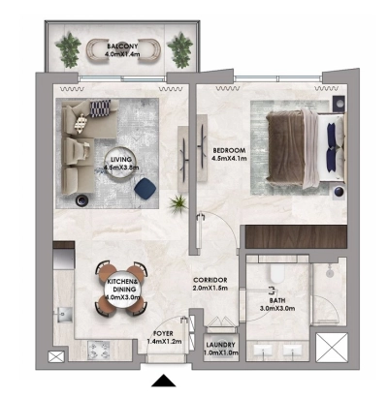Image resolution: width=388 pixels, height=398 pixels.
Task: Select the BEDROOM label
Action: click(x=228, y=150)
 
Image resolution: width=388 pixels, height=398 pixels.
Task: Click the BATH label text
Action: click(x=273, y=300)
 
